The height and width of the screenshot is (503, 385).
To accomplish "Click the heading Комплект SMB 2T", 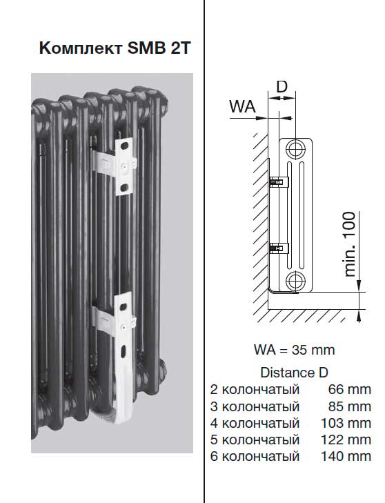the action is [x=115, y=48].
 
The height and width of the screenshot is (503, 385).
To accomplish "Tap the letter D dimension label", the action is [x=282, y=86].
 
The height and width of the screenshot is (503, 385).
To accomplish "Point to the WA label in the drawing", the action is [x=243, y=106].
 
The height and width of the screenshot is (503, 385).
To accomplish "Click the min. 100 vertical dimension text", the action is [x=350, y=244].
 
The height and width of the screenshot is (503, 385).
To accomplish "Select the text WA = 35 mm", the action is [x=294, y=349].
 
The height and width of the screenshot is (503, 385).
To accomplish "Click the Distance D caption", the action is [x=294, y=373].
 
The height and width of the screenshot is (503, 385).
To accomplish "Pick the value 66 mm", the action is [x=350, y=389].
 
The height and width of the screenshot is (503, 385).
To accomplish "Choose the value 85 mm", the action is [x=350, y=406].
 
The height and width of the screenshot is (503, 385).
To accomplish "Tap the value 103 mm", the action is [x=346, y=423].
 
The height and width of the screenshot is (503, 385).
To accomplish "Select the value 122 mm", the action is [x=346, y=440].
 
